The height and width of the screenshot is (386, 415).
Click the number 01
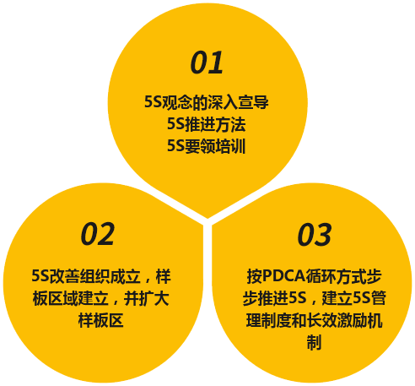click(207, 63)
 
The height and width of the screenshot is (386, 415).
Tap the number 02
click(98, 234)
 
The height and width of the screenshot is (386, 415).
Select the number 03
click(315, 235)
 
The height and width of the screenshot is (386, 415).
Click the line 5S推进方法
click(207, 124)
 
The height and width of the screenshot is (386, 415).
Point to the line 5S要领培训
click(207, 146)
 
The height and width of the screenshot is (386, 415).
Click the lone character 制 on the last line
click(314, 342)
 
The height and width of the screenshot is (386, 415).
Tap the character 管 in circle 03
click(378, 298)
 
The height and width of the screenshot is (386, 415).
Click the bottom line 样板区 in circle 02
click(101, 320)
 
